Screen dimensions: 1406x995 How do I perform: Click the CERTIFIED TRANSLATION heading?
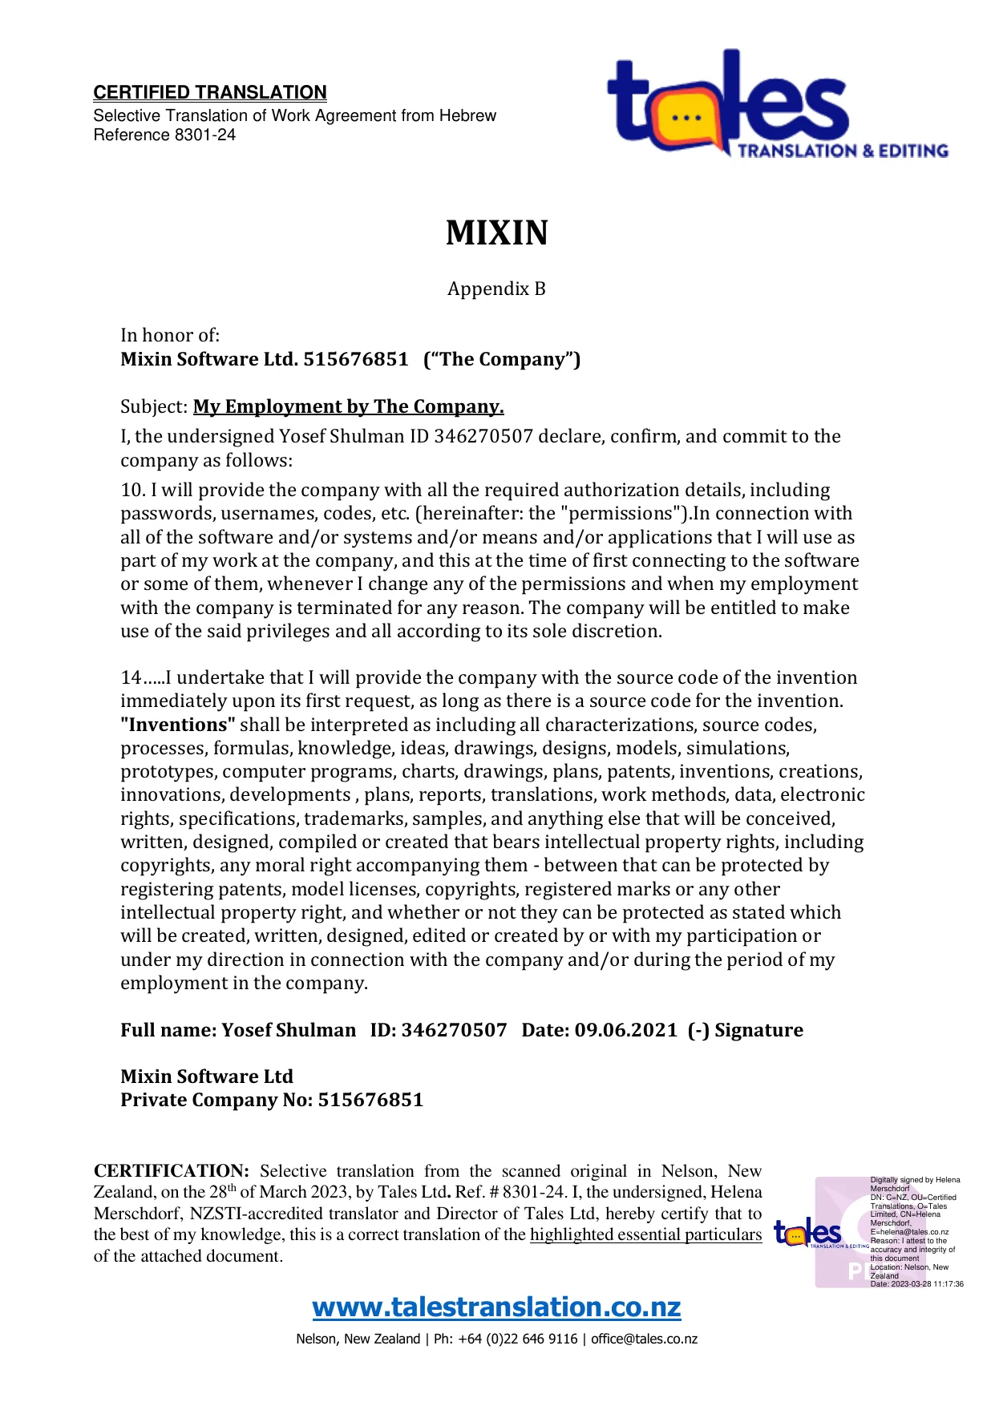click(210, 93)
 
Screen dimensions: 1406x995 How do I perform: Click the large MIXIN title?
click(496, 233)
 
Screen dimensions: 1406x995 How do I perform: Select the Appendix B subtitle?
click(496, 289)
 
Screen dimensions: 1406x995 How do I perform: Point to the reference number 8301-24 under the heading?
click(205, 135)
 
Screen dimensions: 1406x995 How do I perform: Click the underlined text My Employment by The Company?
click(348, 406)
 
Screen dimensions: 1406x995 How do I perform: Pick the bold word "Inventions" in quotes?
click(178, 725)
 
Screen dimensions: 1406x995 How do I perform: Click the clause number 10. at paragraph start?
click(132, 490)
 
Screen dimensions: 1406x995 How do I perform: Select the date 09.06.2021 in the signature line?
click(625, 1030)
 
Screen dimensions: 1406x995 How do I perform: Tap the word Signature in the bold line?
click(758, 1030)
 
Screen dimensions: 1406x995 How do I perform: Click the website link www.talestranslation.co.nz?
click(496, 1307)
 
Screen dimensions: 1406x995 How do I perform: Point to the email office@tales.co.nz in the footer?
click(644, 1339)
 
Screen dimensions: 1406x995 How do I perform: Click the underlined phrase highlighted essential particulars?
click(645, 1234)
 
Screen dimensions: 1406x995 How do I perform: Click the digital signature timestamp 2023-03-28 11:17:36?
click(925, 1284)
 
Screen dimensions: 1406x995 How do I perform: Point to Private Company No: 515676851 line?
click(272, 1100)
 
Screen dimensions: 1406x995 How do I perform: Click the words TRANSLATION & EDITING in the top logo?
click(842, 151)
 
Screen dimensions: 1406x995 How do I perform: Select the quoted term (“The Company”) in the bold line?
click(502, 359)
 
